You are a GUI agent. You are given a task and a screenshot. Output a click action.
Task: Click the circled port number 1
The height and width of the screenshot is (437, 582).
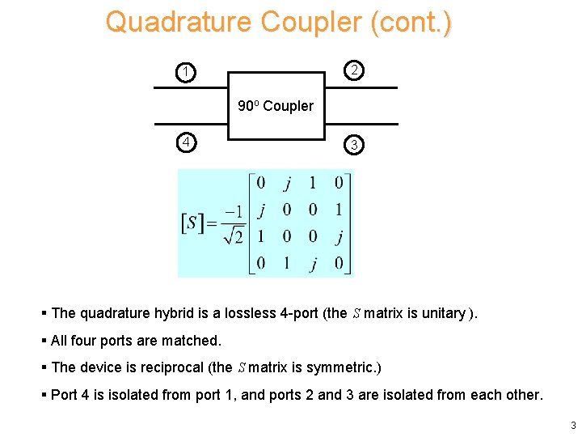[x=187, y=73]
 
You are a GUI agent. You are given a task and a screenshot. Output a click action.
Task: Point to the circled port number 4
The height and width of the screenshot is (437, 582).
[x=187, y=143]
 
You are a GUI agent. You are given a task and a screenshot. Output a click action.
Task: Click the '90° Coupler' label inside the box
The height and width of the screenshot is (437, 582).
[x=276, y=106]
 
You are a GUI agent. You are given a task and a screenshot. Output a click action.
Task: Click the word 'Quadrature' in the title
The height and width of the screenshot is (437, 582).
[x=179, y=22]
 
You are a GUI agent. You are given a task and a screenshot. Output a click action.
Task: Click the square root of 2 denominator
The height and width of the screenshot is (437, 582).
[x=234, y=236]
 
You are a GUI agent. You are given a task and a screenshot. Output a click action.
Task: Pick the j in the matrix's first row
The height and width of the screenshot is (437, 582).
[x=285, y=183]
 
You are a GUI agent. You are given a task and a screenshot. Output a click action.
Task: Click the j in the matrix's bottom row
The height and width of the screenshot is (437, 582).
[x=312, y=263]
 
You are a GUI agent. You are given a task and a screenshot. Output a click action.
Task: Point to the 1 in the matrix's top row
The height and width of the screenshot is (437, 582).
[x=312, y=183]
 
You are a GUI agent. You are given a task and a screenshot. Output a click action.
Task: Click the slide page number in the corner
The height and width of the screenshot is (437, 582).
[x=572, y=426]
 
